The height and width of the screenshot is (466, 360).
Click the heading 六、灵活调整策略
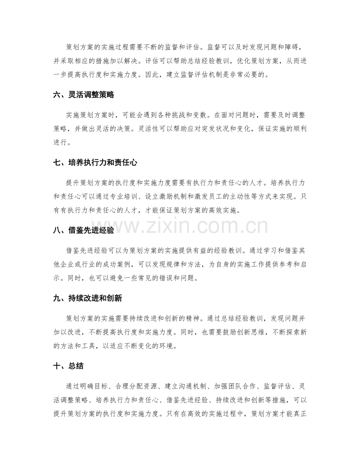(83, 95)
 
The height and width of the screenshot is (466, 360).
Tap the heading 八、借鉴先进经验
(83, 230)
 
